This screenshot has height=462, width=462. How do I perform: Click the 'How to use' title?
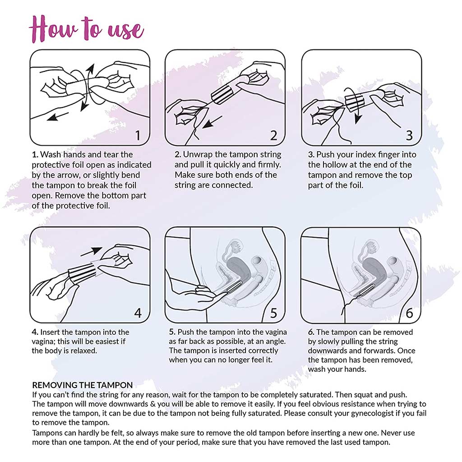pyautogui.click(x=86, y=28)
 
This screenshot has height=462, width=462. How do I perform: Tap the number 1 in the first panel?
pyautogui.click(x=138, y=134)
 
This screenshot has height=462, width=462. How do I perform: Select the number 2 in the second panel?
pyautogui.click(x=273, y=134)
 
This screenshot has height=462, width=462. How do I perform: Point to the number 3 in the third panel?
pyautogui.click(x=409, y=134)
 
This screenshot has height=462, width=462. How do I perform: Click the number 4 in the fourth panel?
pyautogui.click(x=138, y=312)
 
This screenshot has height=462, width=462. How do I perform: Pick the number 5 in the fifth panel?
pyautogui.click(x=273, y=312)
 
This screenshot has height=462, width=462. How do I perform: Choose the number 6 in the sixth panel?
pyautogui.click(x=409, y=312)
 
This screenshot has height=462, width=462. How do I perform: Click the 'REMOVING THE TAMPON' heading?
pyautogui.click(x=82, y=385)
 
